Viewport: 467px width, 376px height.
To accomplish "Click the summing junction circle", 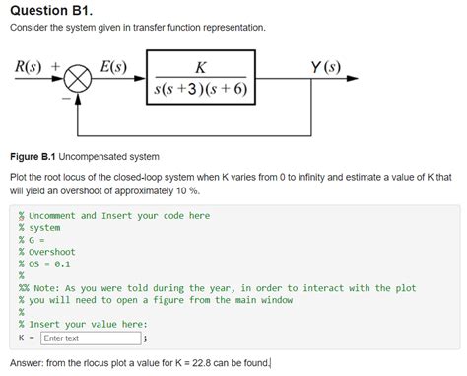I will coord(78,81).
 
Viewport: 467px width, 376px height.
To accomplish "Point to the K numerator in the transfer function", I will coord(201,67).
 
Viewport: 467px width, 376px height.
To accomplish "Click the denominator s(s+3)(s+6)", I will coord(201,91).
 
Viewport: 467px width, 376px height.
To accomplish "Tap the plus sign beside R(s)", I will coord(56,68).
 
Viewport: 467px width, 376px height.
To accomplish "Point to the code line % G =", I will coord(33,240).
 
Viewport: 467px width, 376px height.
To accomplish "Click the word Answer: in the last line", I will coord(29,363).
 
